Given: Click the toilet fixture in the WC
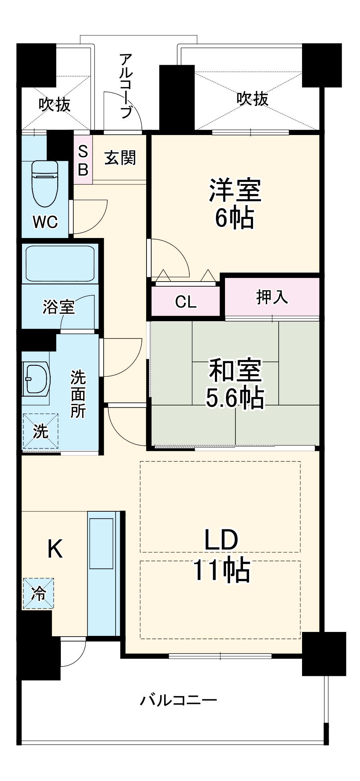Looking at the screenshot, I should tap(45, 184).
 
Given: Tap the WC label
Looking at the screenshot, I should tap(45, 222).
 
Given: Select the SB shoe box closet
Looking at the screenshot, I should tap(83, 160).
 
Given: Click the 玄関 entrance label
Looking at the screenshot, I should tap(120, 158).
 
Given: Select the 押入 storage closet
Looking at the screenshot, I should tap(272, 297).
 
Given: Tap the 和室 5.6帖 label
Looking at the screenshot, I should tap(235, 383).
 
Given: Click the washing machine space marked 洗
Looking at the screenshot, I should tap(41, 431).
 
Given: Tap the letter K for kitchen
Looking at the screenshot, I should tap(55, 549).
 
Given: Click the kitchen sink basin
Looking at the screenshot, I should tap(101, 543).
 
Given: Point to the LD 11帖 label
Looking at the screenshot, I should tap(221, 555).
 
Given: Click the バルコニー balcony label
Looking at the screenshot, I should tap(179, 700).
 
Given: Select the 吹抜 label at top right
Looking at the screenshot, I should tap(252, 98).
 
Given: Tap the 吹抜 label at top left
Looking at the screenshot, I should tap(55, 104).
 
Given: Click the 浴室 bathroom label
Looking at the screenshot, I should tap(59, 307).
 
